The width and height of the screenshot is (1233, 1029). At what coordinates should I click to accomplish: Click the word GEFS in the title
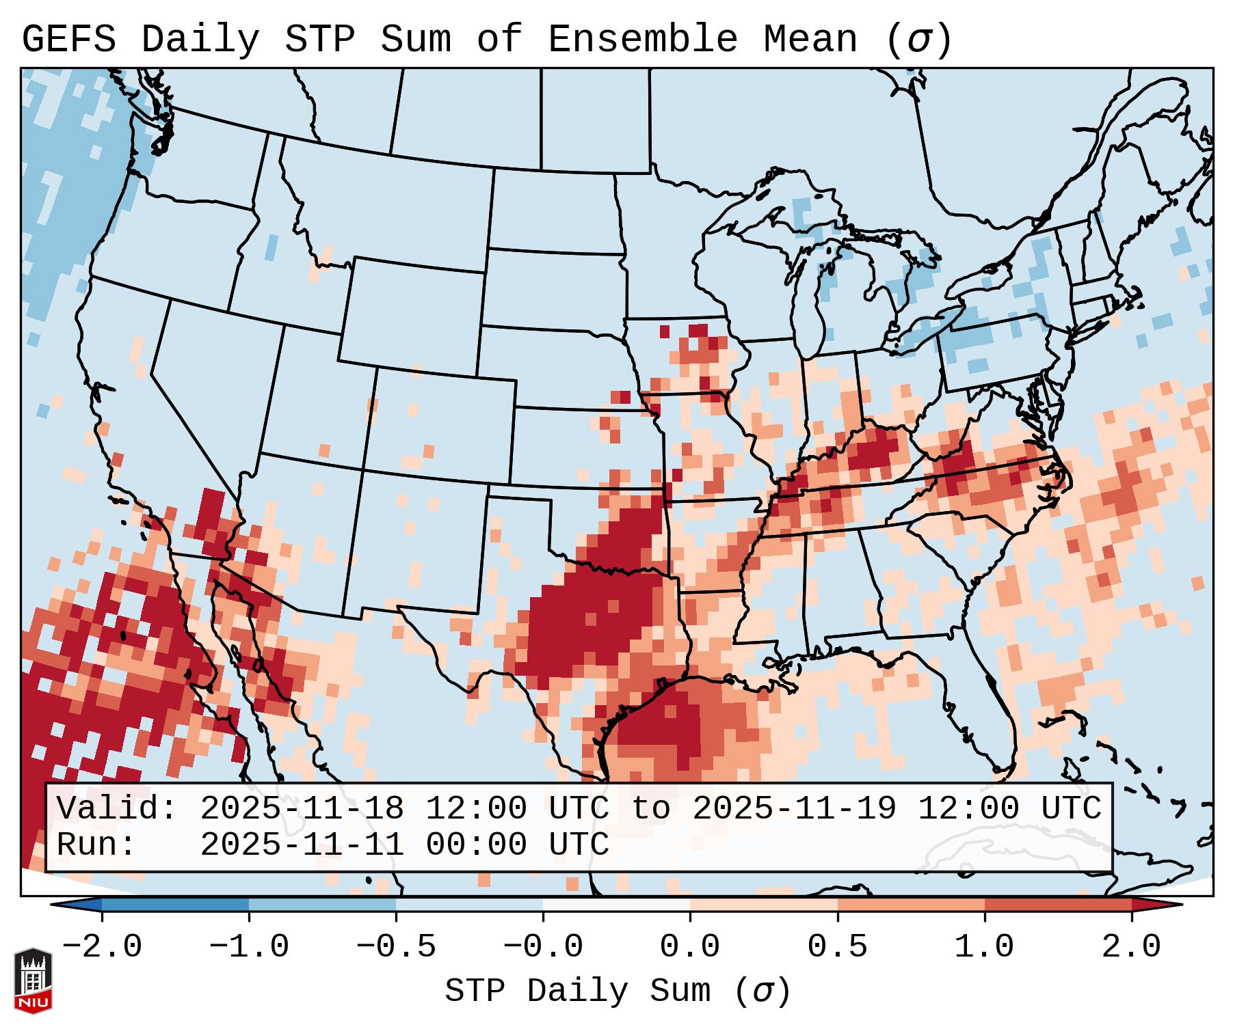pos(68,40)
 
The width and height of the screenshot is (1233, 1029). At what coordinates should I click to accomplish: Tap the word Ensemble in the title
pos(642,40)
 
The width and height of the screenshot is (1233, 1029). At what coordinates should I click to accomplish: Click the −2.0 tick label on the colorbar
pos(102,948)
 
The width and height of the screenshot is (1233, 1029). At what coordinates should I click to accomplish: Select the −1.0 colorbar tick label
pos(249,948)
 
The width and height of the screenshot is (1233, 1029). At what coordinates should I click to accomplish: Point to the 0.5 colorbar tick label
pos(837,948)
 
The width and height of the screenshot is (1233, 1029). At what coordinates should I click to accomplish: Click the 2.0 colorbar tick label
pos(1131,948)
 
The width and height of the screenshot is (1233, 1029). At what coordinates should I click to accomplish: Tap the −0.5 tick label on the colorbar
pos(396,948)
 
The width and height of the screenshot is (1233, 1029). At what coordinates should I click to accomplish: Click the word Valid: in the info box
pos(117,809)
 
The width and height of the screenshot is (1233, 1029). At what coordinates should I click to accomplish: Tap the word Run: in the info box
pos(96,845)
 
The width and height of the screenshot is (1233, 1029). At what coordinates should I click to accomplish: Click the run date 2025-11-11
pos(302,845)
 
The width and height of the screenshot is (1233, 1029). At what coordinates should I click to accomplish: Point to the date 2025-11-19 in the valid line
pos(794,809)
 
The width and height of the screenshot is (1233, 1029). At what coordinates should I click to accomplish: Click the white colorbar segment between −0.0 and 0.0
pos(616,905)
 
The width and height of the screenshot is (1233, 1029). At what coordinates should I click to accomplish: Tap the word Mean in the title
pos(810,40)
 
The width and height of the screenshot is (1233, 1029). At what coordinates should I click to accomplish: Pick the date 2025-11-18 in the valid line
pos(302,809)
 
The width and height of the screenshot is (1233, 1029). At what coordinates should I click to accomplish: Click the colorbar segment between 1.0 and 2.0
pos(1058,905)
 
